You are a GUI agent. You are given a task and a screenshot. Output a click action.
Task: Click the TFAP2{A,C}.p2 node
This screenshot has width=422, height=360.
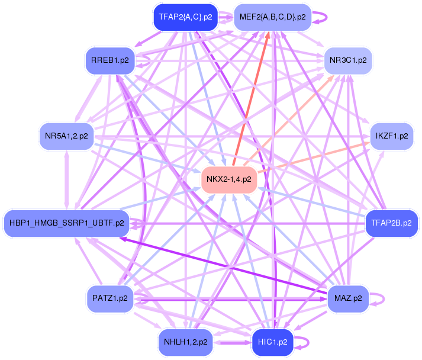pos(185,17)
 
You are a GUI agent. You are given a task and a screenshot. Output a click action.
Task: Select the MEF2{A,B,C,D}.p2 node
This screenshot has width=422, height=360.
pos(272,17)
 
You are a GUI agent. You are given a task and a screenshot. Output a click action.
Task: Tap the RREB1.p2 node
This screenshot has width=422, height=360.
pos(110,60)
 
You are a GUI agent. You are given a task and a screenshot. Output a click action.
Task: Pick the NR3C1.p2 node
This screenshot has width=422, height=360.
pos(348,60)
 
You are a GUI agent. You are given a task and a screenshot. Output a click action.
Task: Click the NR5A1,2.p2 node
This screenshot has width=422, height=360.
pos(66,136)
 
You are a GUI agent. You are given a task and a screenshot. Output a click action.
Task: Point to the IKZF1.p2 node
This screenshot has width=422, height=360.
pos(392,136)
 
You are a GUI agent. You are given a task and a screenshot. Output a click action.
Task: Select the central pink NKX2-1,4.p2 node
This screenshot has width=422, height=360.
pos(229,179)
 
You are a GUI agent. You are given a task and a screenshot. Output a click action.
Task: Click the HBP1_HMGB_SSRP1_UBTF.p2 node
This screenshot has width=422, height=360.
pos(66,223)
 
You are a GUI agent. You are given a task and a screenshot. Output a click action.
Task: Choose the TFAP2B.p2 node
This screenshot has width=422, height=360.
pos(391,223)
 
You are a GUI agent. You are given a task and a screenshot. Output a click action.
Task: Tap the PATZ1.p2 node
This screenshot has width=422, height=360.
pos(110,298)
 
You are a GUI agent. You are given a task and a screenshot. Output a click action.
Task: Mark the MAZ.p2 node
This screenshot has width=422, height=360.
pos(348,298)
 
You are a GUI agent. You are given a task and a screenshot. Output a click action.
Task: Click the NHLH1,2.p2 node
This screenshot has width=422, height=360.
pos(185,342)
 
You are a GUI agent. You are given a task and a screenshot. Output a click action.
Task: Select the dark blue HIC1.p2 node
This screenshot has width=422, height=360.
pos(272,342)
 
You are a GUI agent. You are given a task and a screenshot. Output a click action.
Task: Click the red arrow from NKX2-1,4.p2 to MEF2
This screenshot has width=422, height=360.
pos(251,98)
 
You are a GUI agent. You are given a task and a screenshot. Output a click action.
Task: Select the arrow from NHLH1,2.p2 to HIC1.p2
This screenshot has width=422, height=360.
pos(232,343)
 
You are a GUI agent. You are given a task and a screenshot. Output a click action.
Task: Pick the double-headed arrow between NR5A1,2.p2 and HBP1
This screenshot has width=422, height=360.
pos(66,180)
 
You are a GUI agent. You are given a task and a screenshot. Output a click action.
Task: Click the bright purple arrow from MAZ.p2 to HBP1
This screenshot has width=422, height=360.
pos(223,265)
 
